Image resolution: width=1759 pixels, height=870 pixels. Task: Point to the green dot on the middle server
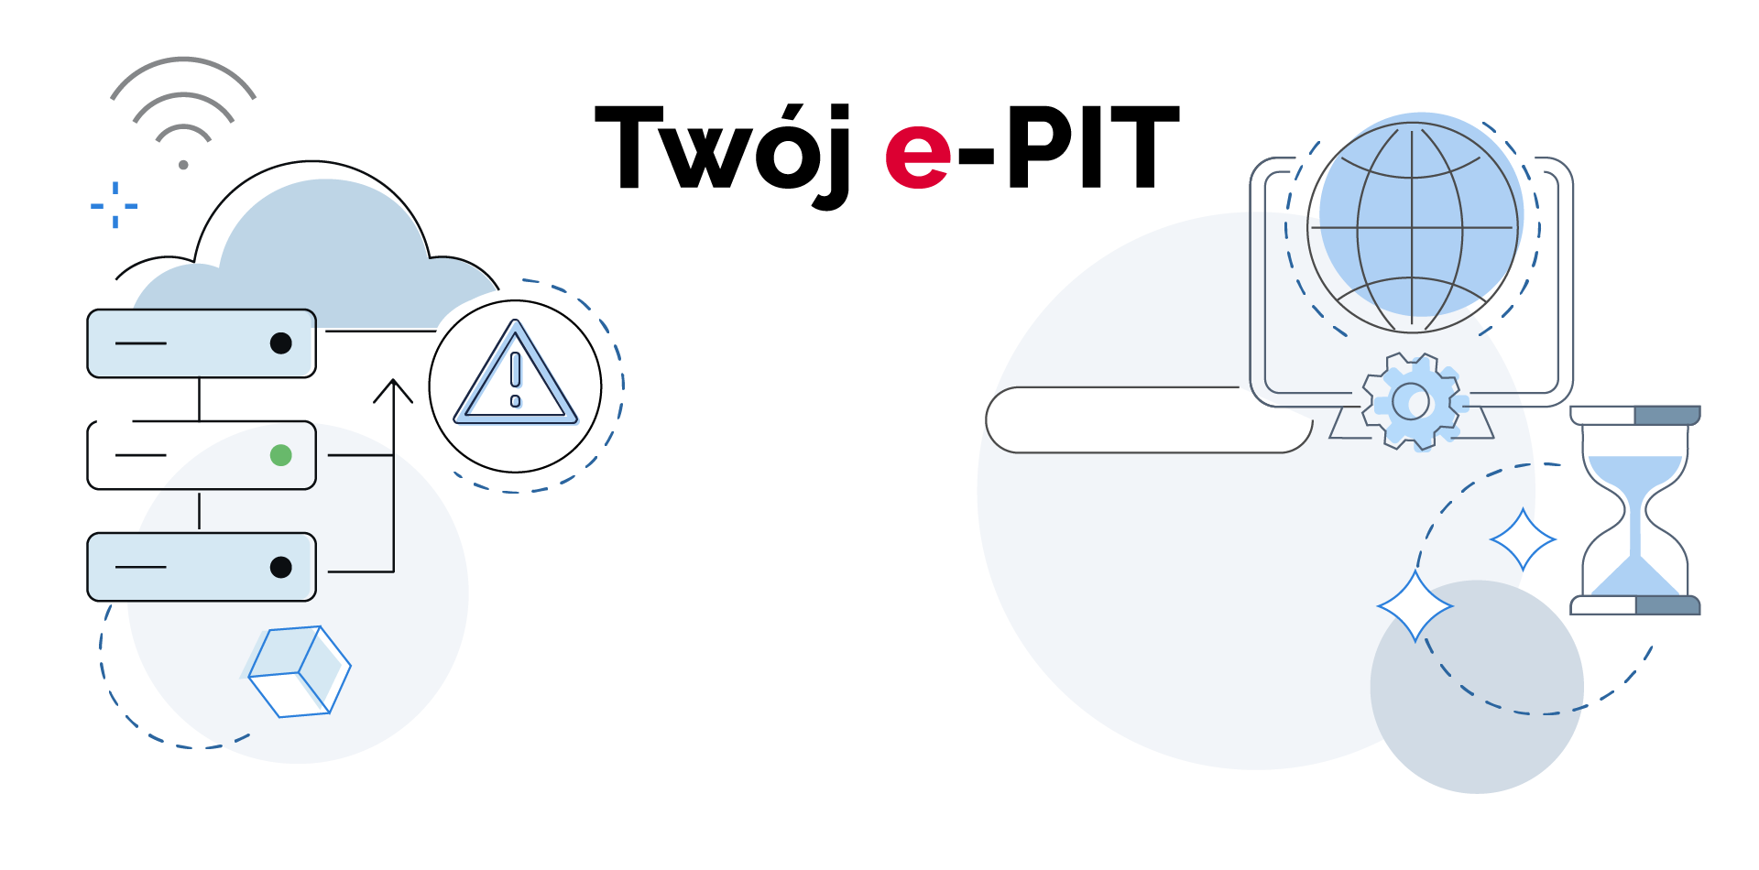coord(281,455)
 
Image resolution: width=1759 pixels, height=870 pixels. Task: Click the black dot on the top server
coord(281,343)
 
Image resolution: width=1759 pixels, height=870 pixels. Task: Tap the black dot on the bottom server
coord(281,568)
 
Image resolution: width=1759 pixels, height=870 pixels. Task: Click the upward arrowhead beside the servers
coord(393,389)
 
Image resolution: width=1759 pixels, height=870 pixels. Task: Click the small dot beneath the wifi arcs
coord(183,165)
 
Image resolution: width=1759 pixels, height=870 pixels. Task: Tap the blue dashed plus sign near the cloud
coord(115,205)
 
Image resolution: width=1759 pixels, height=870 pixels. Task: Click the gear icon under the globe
coord(1412,401)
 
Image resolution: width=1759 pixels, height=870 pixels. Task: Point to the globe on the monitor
coord(1412,227)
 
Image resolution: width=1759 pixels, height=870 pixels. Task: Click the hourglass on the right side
coord(1635,509)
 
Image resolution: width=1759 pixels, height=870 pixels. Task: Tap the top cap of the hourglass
coord(1635,416)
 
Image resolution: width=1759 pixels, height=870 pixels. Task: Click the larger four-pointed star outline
coord(1415,605)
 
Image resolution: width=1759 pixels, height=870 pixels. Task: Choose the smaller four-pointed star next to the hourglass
coord(1523,539)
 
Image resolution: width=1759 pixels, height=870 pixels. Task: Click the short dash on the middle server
coord(141,455)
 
